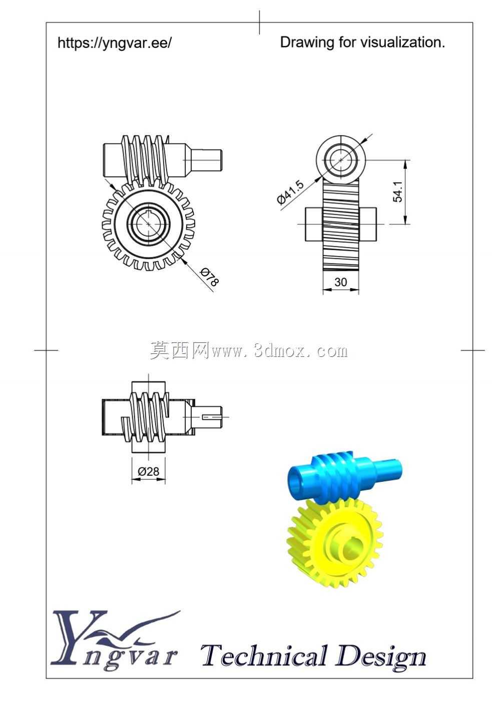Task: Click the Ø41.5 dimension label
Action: [290, 192]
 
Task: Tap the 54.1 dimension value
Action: [397, 192]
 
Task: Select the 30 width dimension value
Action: [340, 282]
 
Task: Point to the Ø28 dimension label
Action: [148, 471]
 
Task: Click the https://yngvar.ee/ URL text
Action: [115, 43]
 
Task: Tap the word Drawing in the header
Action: [307, 43]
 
